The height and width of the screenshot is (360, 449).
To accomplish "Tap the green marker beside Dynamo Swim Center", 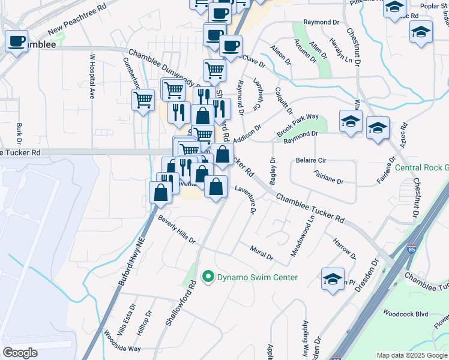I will [208, 277].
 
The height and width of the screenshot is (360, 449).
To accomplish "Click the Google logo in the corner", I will [20, 352].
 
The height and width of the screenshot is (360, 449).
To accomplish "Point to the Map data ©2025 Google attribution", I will [412, 355].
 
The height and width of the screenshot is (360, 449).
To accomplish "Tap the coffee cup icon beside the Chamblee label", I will [16, 41].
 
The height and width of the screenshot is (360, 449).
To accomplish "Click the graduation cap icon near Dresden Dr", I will [333, 279].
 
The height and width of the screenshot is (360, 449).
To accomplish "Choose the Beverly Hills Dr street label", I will [176, 230].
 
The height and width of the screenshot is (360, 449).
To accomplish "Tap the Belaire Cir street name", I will [311, 161].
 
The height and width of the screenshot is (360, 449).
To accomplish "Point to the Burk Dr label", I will [20, 133].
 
